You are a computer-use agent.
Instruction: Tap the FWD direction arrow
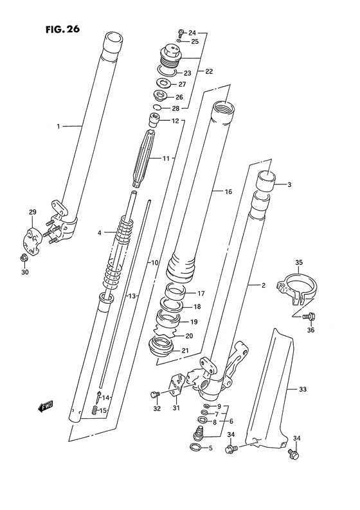[x=44, y=405]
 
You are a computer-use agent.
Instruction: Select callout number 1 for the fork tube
[x=58, y=127]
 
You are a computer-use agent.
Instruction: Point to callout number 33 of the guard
[x=303, y=389]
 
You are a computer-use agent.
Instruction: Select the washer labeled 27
[x=164, y=84]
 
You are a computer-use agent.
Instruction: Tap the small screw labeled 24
[x=180, y=31]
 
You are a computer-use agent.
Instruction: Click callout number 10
[x=154, y=263]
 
